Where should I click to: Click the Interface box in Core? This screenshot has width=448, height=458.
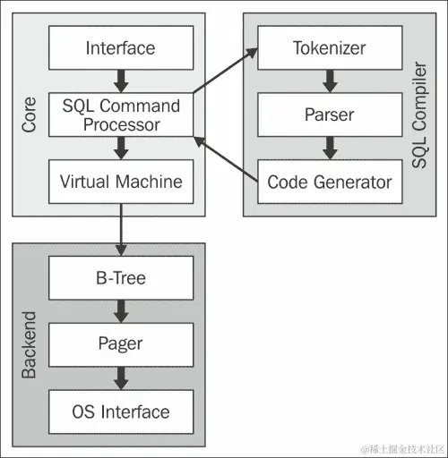click(x=120, y=47)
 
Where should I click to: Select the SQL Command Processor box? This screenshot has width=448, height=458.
click(x=120, y=114)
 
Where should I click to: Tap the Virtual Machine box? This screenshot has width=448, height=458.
click(x=120, y=182)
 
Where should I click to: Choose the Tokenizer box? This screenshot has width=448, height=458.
click(x=329, y=47)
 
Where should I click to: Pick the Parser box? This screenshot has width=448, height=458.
click(x=329, y=114)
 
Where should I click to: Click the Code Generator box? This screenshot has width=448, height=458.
click(x=329, y=182)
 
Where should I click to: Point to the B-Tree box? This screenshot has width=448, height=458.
click(x=120, y=278)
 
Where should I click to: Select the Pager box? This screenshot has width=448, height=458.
click(x=120, y=344)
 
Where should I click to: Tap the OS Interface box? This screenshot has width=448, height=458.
click(x=120, y=411)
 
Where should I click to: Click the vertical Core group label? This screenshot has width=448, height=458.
click(x=29, y=114)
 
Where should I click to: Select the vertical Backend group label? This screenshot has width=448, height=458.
click(x=29, y=344)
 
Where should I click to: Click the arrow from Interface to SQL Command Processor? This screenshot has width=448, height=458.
click(x=120, y=81)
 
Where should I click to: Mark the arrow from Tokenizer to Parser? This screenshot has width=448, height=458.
click(x=329, y=81)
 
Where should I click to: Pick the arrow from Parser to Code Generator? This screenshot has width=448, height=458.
click(x=329, y=148)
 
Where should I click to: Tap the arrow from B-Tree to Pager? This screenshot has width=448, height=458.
click(x=120, y=311)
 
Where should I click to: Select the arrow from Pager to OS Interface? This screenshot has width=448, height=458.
click(x=120, y=378)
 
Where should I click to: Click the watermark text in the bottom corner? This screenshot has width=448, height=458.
click(x=401, y=446)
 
